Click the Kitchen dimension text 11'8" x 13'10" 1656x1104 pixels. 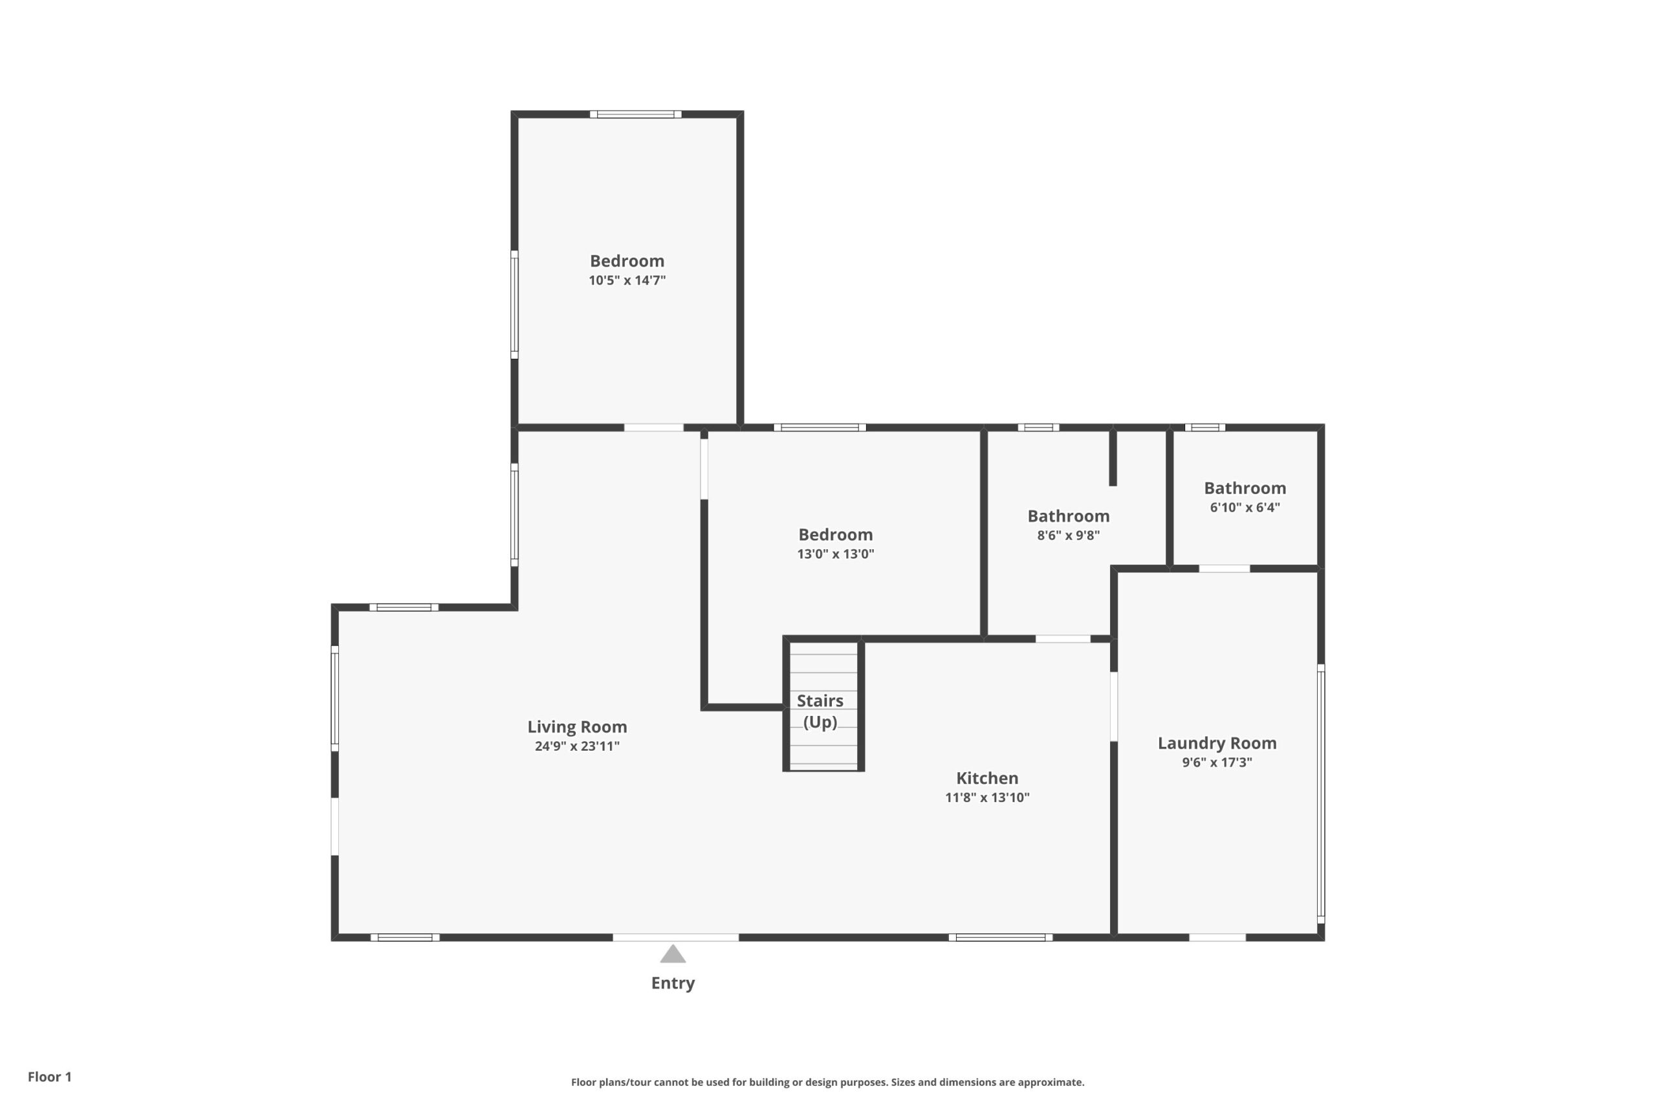[987, 797]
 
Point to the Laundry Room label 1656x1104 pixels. [1217, 743]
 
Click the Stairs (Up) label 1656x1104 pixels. [820, 711]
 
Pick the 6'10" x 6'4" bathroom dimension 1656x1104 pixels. [1245, 507]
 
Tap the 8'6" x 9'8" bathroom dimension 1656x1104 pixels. [1068, 535]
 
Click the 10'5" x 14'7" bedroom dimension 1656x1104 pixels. [627, 280]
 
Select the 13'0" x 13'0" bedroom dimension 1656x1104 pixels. [835, 554]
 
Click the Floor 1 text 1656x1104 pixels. [49, 1077]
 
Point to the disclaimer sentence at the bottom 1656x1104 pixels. [827, 1082]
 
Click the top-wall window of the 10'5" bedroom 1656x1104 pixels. [635, 114]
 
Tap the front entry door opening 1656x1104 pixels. [675, 937]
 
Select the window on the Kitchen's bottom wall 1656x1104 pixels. [1001, 937]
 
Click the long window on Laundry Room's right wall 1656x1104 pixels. [1321, 794]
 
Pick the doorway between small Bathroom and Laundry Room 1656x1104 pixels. [1225, 568]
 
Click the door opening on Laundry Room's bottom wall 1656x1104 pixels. [1217, 937]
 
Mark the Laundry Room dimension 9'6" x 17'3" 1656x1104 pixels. [1217, 762]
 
